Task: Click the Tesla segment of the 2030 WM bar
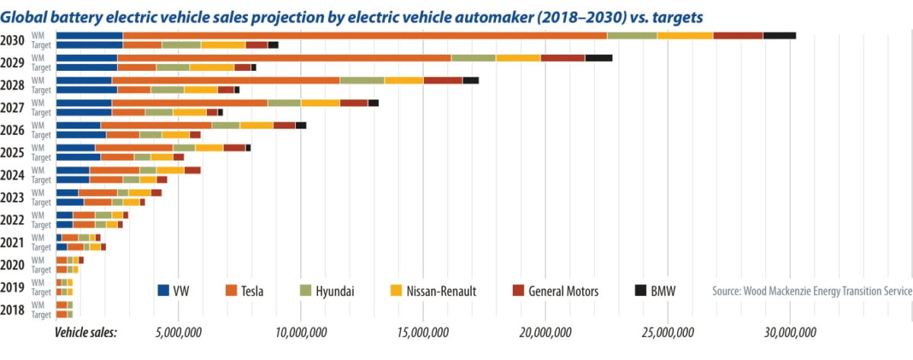[x=365, y=35]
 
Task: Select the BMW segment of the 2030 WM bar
[x=779, y=35]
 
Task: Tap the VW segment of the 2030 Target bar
[x=89, y=45]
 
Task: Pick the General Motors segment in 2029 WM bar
[x=562, y=57]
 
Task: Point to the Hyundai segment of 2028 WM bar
[x=361, y=80]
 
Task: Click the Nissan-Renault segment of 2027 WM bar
[x=320, y=103]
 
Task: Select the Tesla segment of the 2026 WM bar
[x=156, y=125]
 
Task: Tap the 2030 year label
[x=13, y=40]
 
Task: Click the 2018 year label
[x=13, y=310]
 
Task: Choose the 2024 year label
[x=13, y=175]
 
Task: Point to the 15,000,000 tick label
[x=422, y=333]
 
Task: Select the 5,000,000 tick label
[x=177, y=333]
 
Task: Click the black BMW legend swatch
[x=641, y=290]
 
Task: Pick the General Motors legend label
[x=563, y=291]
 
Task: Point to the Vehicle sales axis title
[x=85, y=333]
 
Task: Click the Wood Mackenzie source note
[x=812, y=291]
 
